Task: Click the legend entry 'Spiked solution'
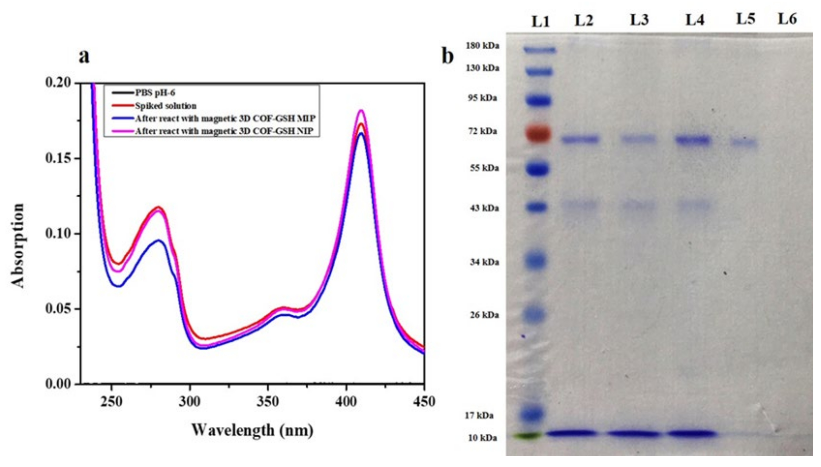pyautogui.click(x=166, y=106)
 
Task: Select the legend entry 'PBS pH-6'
pyautogui.click(x=155, y=93)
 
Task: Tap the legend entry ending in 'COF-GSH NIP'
pyautogui.click(x=224, y=131)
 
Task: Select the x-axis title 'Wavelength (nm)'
pyautogui.click(x=252, y=430)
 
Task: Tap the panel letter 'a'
pyautogui.click(x=84, y=56)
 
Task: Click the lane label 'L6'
pyautogui.click(x=787, y=19)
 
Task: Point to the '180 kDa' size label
pyautogui.click(x=483, y=46)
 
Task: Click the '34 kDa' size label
pyautogui.click(x=485, y=262)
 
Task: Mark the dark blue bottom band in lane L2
pyautogui.click(x=572, y=433)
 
